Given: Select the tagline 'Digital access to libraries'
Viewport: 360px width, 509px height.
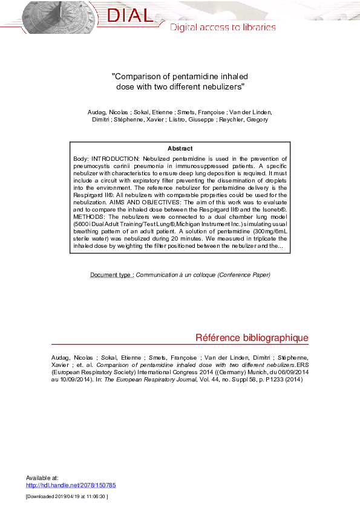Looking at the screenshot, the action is click(x=223, y=27).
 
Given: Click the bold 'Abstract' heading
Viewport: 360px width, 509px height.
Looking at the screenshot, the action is click(x=180, y=148).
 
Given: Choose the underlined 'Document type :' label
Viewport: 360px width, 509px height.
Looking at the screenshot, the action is click(x=112, y=275).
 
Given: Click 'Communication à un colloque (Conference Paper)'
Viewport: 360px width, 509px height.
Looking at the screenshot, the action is click(x=203, y=275).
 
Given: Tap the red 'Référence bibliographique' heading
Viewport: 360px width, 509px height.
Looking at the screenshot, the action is click(x=252, y=337).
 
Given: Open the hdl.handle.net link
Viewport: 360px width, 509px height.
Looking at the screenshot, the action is click(x=71, y=485).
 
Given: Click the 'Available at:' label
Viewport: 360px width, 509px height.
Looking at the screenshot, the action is click(x=42, y=478).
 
